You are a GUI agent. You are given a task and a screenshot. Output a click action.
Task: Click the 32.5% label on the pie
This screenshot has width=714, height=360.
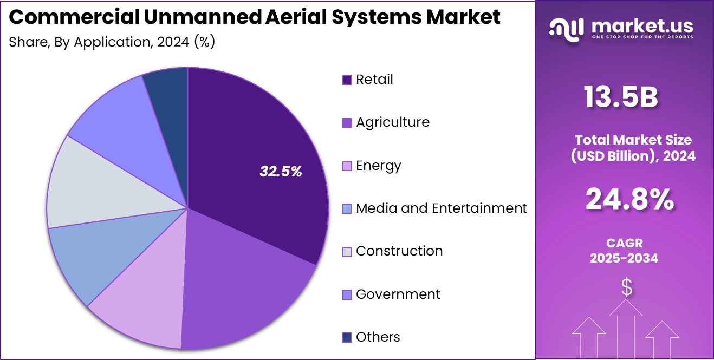pos(281,172)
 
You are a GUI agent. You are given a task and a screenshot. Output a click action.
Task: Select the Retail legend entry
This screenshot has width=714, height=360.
pos(374,80)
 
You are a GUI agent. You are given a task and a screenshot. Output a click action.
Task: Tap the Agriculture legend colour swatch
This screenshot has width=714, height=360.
pos(347,123)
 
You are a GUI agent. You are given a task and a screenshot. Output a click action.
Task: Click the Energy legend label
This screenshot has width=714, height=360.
pos(378,165)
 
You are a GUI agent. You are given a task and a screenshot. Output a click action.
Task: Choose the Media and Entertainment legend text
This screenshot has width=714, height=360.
pos(441,208)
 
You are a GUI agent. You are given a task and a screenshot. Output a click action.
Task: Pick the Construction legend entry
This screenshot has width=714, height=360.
pos(399,251)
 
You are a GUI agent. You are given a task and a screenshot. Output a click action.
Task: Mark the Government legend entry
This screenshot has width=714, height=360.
pos(398,294)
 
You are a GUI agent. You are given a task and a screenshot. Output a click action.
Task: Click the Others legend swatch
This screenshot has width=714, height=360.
pos(347,337)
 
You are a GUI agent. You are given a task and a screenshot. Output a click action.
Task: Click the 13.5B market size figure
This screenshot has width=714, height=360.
pos(621,98)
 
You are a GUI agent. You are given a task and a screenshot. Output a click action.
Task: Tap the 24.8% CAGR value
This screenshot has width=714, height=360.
pos(629,199)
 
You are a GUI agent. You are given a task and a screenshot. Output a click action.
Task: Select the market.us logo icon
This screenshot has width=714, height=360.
pos(566,28)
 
